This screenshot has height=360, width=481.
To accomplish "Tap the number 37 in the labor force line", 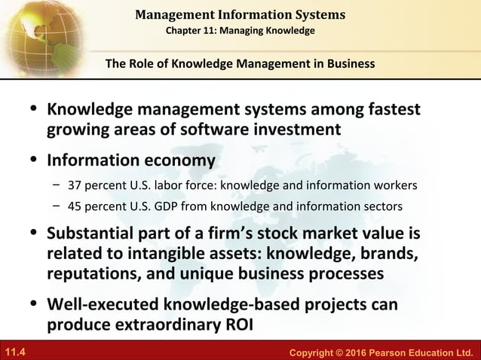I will point(75,185).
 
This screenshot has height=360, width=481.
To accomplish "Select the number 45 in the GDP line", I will point(75,206).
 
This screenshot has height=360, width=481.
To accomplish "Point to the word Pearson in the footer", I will point(382,352).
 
